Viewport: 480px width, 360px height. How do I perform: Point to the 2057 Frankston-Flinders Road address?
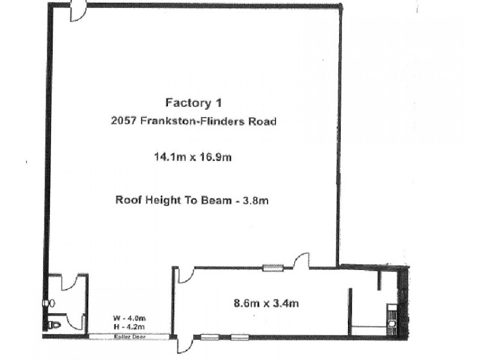(193, 121)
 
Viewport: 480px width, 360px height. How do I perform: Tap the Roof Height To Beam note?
(191, 200)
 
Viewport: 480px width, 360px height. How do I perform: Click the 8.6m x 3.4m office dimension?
(266, 304)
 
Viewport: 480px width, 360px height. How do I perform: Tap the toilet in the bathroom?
(55, 325)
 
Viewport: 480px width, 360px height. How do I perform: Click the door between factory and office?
(300, 261)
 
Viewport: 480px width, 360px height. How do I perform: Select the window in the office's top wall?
(272, 268)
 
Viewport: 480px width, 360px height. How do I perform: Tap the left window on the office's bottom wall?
(209, 337)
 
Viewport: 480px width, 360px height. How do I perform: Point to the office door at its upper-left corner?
(184, 275)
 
